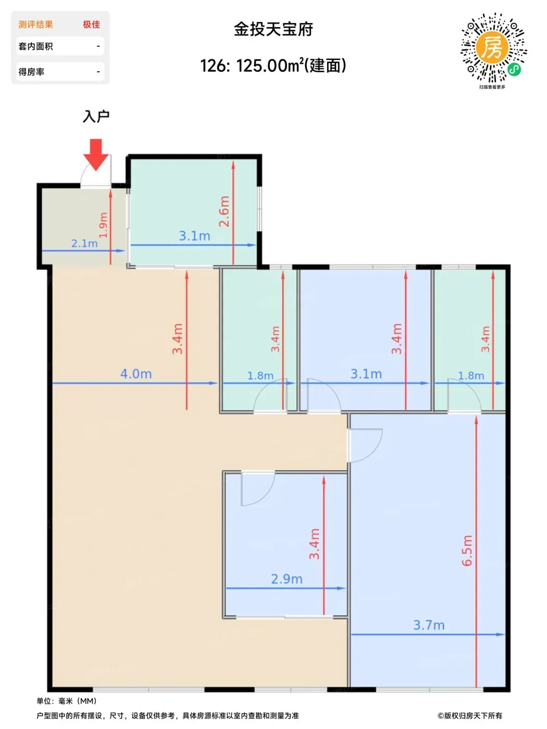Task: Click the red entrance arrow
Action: point(96,155)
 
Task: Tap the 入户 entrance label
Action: point(96,116)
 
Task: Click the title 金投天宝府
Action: point(273,29)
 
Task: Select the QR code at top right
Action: point(493,48)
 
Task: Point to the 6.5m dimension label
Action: point(467,550)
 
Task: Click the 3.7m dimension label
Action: point(428,625)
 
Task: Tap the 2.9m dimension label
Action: point(287,579)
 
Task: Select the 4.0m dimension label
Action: point(136,374)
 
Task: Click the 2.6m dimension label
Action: point(224,211)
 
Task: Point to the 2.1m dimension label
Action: point(85,244)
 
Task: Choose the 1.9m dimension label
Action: point(103,225)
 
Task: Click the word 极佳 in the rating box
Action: point(91,24)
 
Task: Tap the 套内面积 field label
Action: point(35,46)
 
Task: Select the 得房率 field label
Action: point(32,72)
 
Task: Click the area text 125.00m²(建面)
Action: point(291,66)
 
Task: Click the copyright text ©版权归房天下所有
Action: point(470,715)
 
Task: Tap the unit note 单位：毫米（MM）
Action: point(67,701)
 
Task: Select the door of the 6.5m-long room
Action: point(365,445)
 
